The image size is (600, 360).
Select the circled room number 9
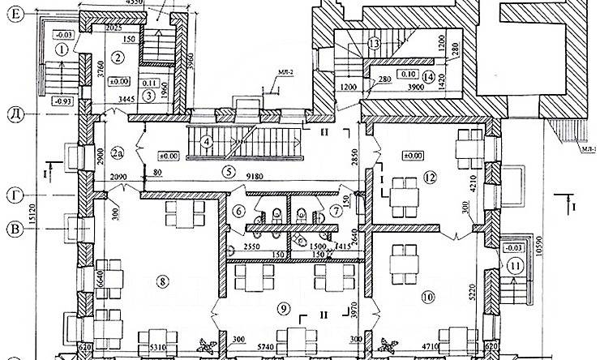click(x=283, y=307)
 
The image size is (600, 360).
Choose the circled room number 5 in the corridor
click(x=229, y=171)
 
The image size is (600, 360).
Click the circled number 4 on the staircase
click(x=208, y=142)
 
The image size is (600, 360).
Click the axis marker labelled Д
click(x=15, y=112)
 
